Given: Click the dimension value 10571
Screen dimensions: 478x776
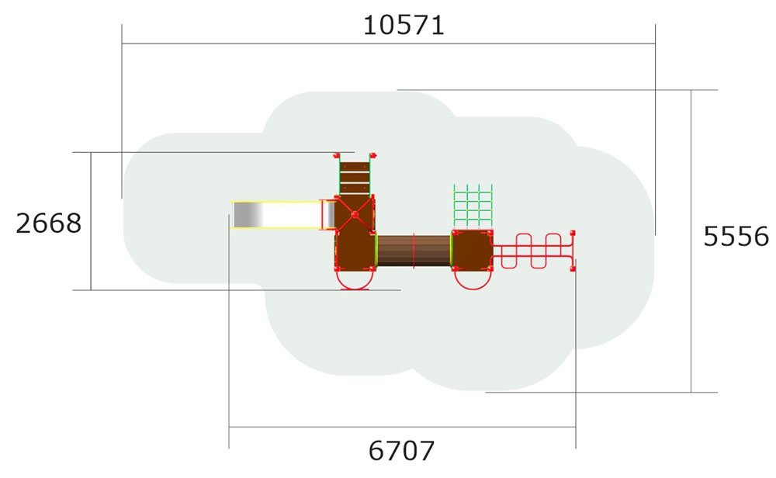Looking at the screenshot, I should pyautogui.click(x=404, y=25).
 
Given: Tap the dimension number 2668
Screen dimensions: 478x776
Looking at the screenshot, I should pyautogui.click(x=48, y=223).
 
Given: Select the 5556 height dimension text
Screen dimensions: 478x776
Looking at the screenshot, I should pyautogui.click(x=736, y=236).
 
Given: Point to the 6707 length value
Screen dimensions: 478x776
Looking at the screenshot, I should pyautogui.click(x=401, y=450).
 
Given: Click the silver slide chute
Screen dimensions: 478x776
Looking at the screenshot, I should pyautogui.click(x=275, y=215).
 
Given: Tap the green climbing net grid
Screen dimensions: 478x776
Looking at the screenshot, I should pyautogui.click(x=473, y=206).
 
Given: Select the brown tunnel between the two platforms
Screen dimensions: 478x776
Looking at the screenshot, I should pyautogui.click(x=414, y=250).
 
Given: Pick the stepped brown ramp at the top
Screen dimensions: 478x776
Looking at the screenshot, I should pyautogui.click(x=355, y=176).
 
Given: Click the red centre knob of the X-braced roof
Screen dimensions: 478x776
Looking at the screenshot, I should pyautogui.click(x=355, y=213).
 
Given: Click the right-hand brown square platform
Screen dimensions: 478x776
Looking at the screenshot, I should pyautogui.click(x=472, y=249).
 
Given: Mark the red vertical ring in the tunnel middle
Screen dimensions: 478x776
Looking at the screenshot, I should pyautogui.click(x=414, y=250).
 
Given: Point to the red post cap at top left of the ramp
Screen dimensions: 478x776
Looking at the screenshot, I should pyautogui.click(x=338, y=155).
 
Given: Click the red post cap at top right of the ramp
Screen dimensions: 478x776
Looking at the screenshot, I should pyautogui.click(x=372, y=155).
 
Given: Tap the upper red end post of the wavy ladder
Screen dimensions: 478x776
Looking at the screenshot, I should pyautogui.click(x=573, y=232).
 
